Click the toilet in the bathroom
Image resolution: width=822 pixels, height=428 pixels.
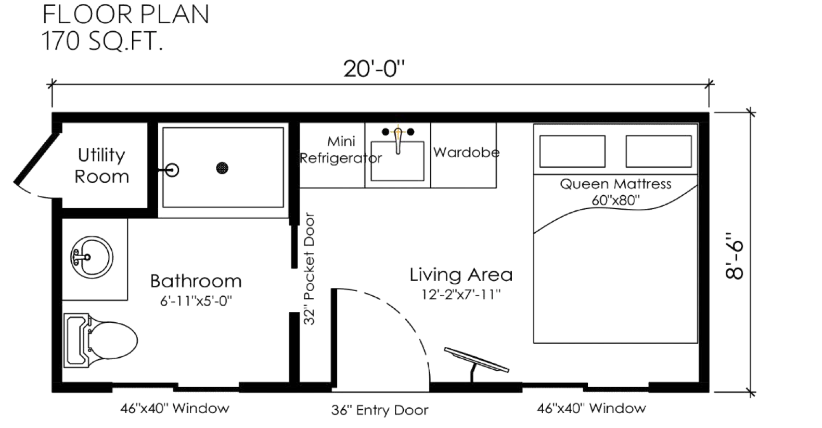pyautogui.click(x=100, y=341)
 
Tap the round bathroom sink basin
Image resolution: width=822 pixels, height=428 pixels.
pyautogui.click(x=92, y=257)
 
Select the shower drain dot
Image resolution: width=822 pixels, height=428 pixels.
pyautogui.click(x=222, y=168)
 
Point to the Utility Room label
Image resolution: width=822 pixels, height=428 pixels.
pyautogui.click(x=101, y=166)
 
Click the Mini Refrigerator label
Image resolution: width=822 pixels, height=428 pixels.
pyautogui.click(x=341, y=150)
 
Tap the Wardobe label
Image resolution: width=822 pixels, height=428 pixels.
pyautogui.click(x=467, y=152)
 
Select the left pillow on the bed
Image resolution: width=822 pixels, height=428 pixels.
pyautogui.click(x=572, y=152)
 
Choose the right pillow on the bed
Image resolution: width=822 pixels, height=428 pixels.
pyautogui.click(x=659, y=152)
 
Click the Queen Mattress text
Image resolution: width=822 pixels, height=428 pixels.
pyautogui.click(x=615, y=184)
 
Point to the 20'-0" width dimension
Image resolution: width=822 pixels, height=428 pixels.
pyautogui.click(x=374, y=69)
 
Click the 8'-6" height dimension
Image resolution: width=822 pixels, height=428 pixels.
pyautogui.click(x=734, y=255)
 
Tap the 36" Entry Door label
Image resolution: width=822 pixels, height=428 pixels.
pyautogui.click(x=379, y=410)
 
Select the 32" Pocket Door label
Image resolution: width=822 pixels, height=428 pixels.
pyautogui.click(x=310, y=269)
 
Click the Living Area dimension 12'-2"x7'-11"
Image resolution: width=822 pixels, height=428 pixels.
pyautogui.click(x=461, y=294)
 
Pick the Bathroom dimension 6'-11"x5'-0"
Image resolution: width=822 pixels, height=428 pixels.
pyautogui.click(x=196, y=301)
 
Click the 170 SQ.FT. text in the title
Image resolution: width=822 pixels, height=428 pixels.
pyautogui.click(x=102, y=41)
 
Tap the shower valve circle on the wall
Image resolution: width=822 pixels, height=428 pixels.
pyautogui.click(x=171, y=170)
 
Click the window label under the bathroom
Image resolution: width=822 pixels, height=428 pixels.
pyautogui.click(x=175, y=408)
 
